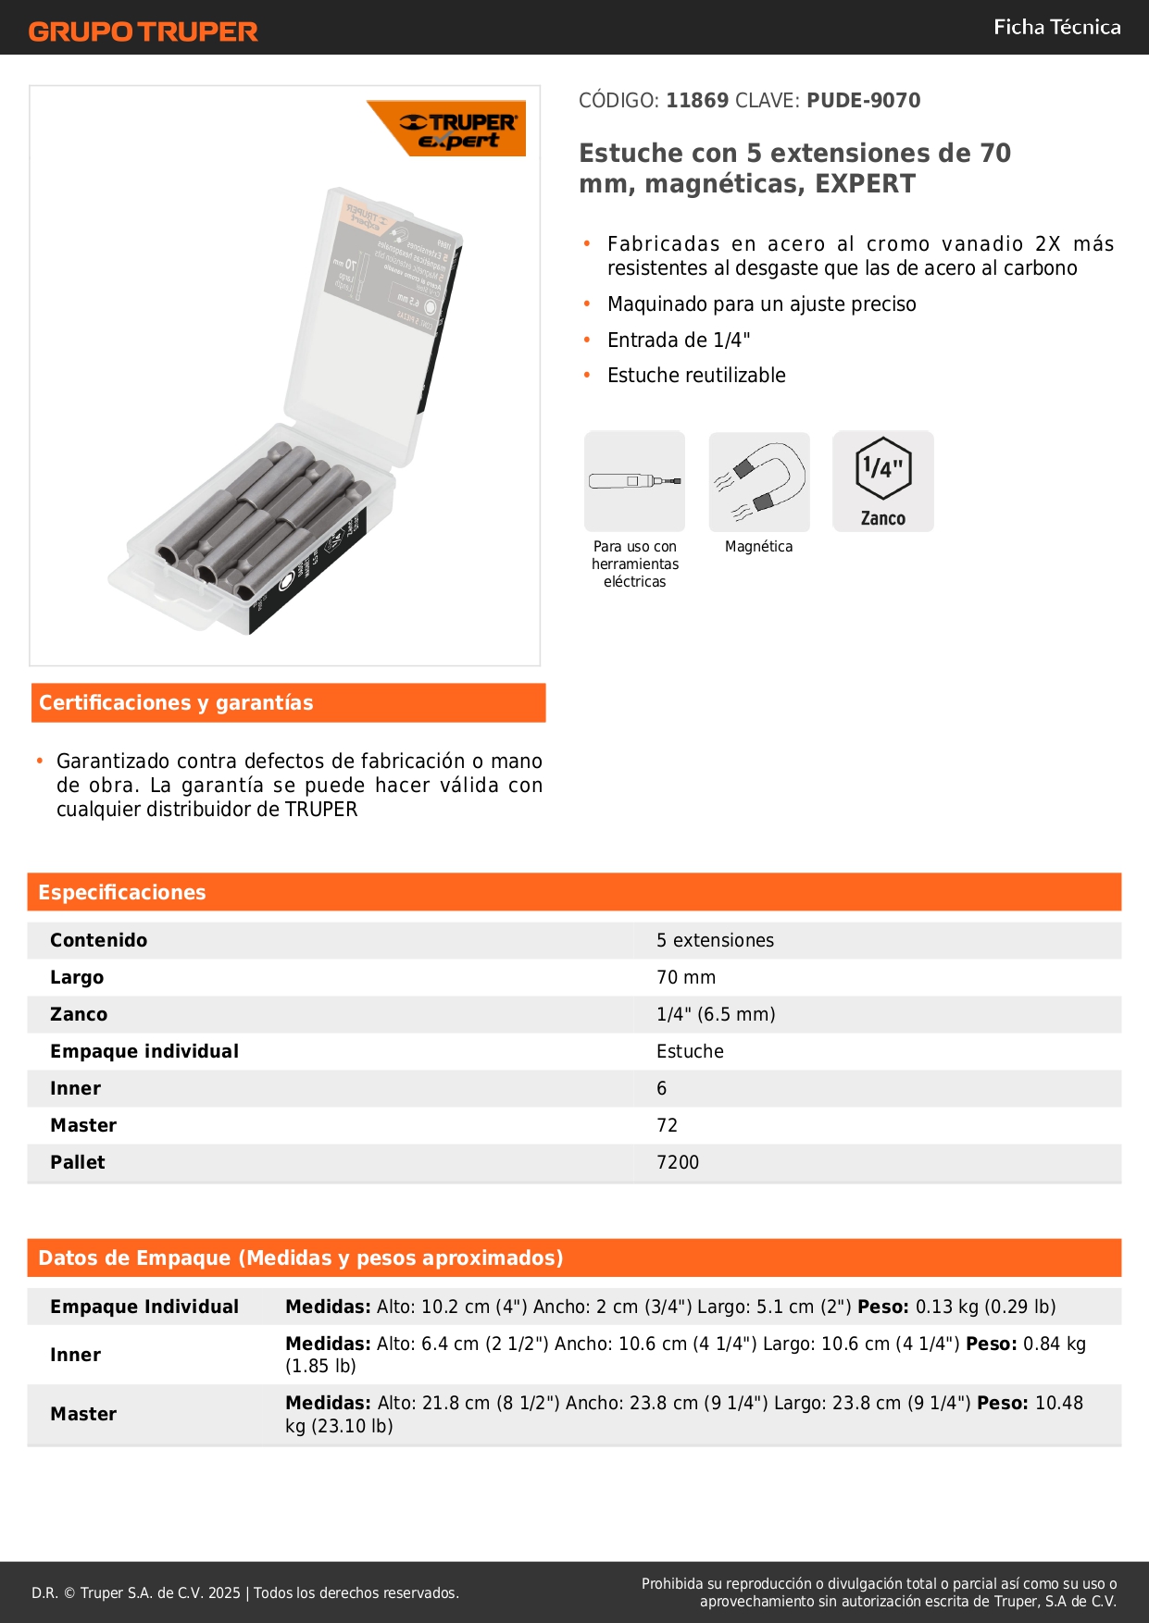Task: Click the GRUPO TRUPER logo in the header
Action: [143, 31]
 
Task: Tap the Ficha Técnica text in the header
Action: [1056, 27]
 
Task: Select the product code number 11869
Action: [697, 100]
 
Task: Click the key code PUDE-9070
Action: [863, 100]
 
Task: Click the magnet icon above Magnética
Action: [759, 481]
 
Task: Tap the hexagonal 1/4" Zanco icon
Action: [883, 481]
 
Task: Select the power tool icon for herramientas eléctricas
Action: [635, 481]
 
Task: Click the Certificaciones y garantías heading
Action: [176, 702]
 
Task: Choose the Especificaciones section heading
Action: [122, 892]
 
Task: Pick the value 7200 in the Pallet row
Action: [678, 1162]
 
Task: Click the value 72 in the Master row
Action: [667, 1125]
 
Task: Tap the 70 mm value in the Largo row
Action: [686, 977]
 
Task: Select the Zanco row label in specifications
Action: [79, 1014]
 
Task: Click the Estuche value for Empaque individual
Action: [690, 1051]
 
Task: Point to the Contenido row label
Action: [98, 940]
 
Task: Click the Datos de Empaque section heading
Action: [301, 1258]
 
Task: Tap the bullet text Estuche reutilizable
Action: [696, 375]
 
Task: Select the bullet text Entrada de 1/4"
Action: [679, 340]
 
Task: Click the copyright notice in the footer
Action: [245, 1592]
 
